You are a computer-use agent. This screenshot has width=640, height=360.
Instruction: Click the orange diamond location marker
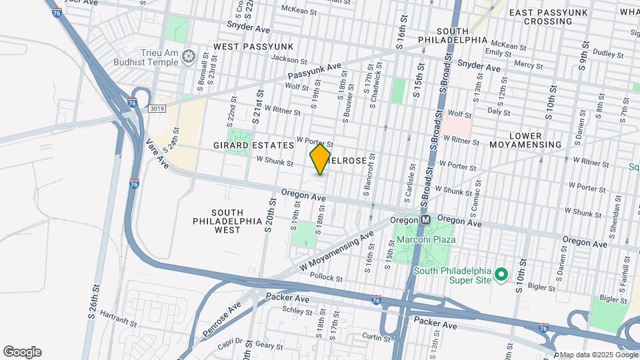(x=320, y=159)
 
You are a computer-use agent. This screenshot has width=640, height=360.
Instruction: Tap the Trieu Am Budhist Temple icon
(x=189, y=55)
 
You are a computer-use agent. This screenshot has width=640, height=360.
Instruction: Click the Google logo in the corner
(x=22, y=352)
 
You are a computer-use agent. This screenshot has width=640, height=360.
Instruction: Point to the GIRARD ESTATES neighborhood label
(x=253, y=145)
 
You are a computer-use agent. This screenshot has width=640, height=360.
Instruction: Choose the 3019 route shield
(x=157, y=108)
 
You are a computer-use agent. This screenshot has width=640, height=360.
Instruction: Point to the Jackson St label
(x=284, y=59)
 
